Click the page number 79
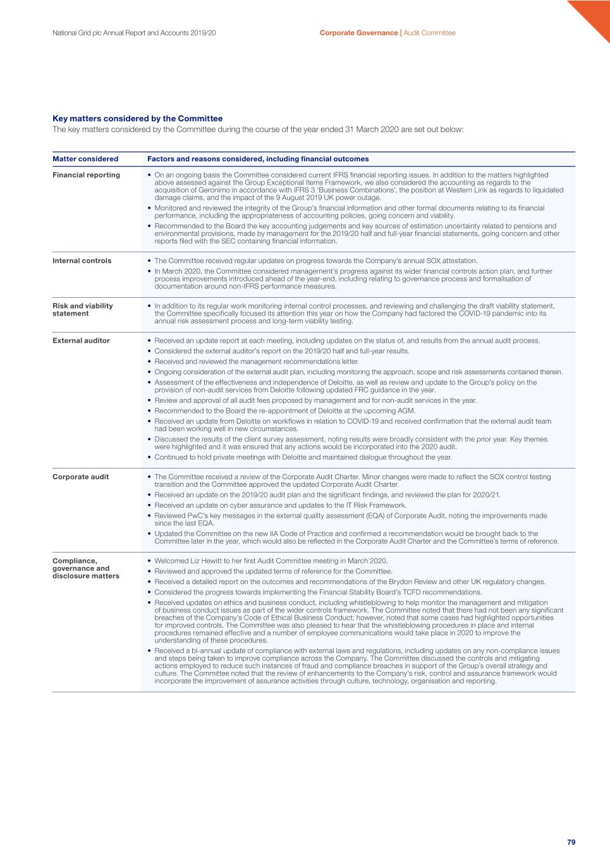point(571,842)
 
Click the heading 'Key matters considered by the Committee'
point(137,118)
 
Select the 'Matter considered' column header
point(85,159)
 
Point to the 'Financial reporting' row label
point(86,175)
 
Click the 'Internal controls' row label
point(82,260)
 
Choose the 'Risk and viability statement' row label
point(82,310)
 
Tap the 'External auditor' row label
point(81,341)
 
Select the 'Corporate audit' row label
point(80,477)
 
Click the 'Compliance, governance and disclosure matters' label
point(85,568)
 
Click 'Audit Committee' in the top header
point(429,33)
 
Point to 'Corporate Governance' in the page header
point(358,33)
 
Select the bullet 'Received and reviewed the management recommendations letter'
point(257,362)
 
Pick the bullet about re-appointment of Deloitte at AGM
point(284,411)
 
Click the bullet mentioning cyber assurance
point(281,505)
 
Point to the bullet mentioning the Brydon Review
point(350,582)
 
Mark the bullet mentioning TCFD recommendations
point(318,592)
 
